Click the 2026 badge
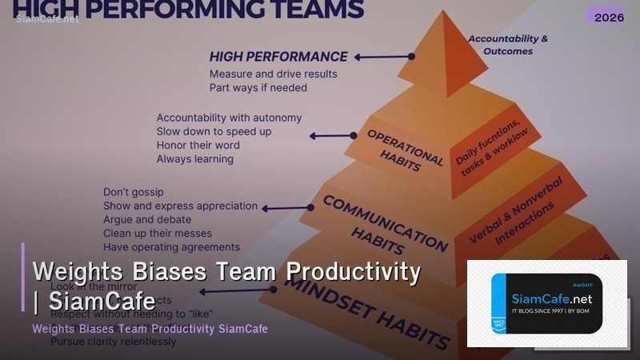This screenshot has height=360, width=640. click(610, 16)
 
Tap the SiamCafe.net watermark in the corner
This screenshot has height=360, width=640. click(47, 19)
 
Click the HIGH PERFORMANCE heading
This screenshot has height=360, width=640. click(278, 57)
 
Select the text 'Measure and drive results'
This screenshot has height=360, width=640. click(273, 74)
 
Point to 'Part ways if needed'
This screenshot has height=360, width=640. click(258, 87)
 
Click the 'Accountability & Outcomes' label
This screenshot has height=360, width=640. click(508, 45)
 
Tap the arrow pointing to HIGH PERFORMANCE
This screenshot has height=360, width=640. click(384, 57)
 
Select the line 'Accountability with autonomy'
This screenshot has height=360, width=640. click(229, 118)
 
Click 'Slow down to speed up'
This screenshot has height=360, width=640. click(214, 131)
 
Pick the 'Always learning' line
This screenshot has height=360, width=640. click(194, 158)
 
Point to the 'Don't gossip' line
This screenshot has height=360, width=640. click(133, 192)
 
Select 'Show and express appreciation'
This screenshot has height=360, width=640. click(180, 206)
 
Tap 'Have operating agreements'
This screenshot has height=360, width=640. click(171, 247)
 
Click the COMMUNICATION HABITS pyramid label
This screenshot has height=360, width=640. click(385, 224)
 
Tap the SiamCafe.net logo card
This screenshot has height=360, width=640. click(547, 303)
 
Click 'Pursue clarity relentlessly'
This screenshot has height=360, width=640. click(113, 342)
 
